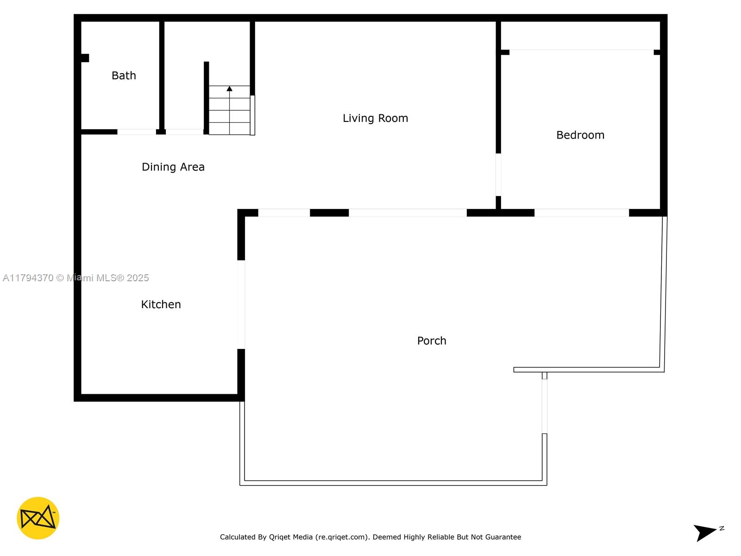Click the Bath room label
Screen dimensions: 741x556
pyautogui.click(x=124, y=75)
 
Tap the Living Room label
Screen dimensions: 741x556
pyautogui.click(x=375, y=118)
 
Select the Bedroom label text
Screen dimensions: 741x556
pyautogui.click(x=580, y=135)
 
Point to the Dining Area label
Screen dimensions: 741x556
pyautogui.click(x=173, y=167)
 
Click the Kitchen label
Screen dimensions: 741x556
pyautogui.click(x=161, y=304)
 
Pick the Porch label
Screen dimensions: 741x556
pyautogui.click(x=432, y=341)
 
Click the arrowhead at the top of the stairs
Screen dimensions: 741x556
pyautogui.click(x=229, y=88)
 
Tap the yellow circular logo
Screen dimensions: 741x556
pyautogui.click(x=38, y=518)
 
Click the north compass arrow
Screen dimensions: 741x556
pyautogui.click(x=704, y=532)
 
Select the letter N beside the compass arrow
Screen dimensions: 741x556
pyautogui.click(x=722, y=528)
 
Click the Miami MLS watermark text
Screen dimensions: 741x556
pyautogui.click(x=75, y=278)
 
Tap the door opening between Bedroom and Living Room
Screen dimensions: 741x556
pyautogui.click(x=498, y=175)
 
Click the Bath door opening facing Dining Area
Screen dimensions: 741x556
pyautogui.click(x=136, y=132)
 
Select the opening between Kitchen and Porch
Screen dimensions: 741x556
pyautogui.click(x=241, y=304)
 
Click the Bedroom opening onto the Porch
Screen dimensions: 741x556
pyautogui.click(x=581, y=213)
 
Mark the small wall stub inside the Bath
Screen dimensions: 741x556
pyautogui.click(x=85, y=58)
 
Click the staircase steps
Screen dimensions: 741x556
pyautogui.click(x=230, y=110)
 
